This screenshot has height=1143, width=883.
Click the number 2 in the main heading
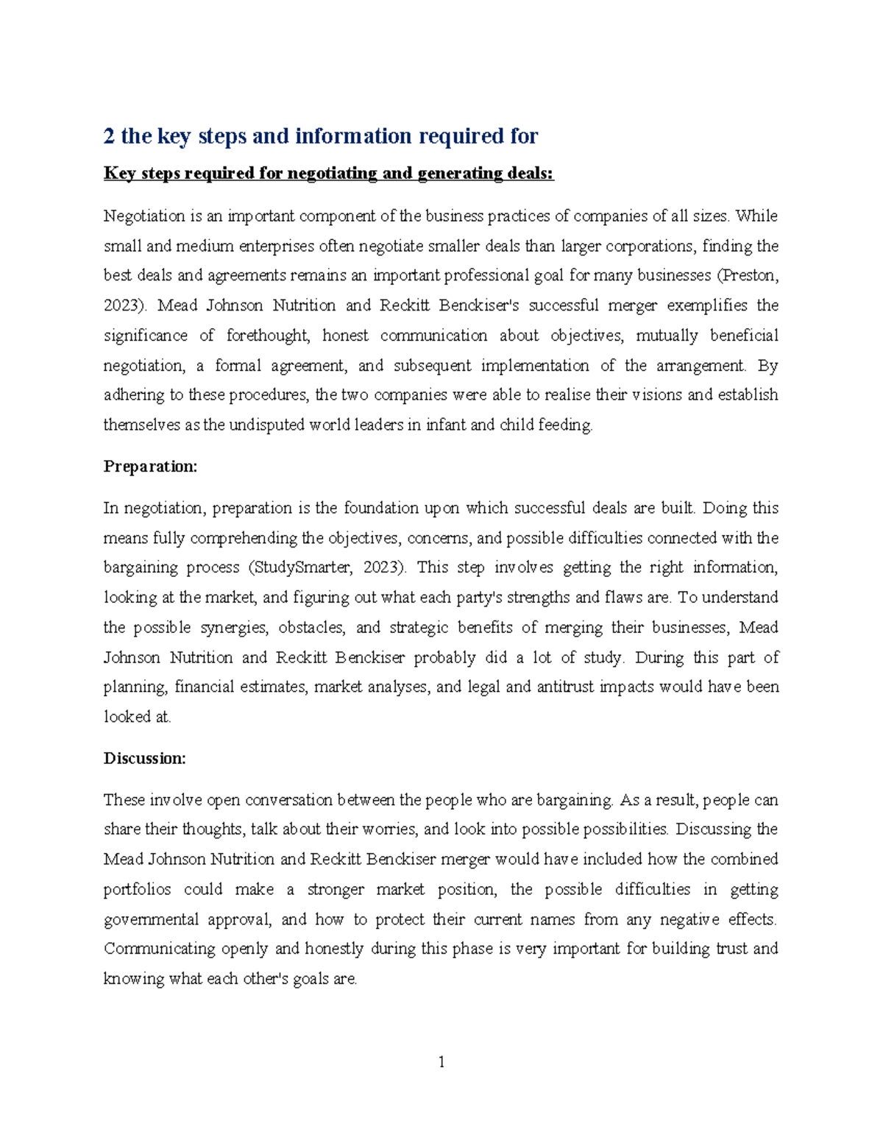pyautogui.click(x=109, y=136)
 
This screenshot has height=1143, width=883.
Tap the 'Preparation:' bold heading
pyautogui.click(x=150, y=467)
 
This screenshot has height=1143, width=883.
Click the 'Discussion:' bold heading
pyautogui.click(x=145, y=758)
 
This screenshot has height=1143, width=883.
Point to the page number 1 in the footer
pyautogui.click(x=441, y=1061)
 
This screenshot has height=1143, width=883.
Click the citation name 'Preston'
pyautogui.click(x=748, y=275)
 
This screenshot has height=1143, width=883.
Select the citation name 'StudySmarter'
pyautogui.click(x=296, y=567)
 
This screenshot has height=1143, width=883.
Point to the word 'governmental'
pyautogui.click(x=151, y=919)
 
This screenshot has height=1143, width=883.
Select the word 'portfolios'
pyautogui.click(x=137, y=889)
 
